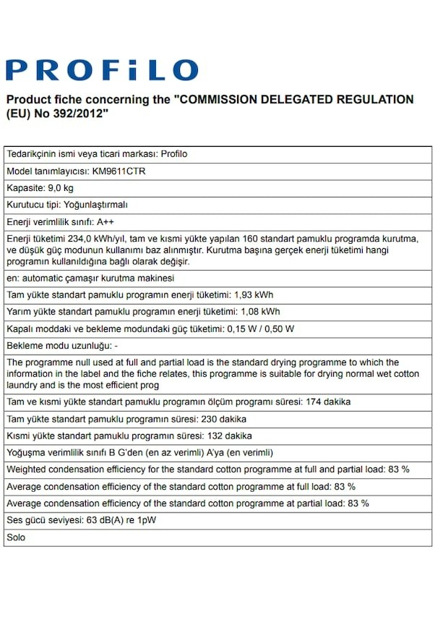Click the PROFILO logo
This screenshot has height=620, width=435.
(x=102, y=70)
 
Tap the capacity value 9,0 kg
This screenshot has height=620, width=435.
(x=67, y=188)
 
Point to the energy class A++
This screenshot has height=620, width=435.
(x=105, y=221)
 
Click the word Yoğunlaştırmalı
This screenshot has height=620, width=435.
(x=95, y=205)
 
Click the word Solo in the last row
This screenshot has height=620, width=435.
(x=16, y=538)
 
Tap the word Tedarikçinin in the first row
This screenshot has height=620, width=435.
(x=33, y=154)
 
